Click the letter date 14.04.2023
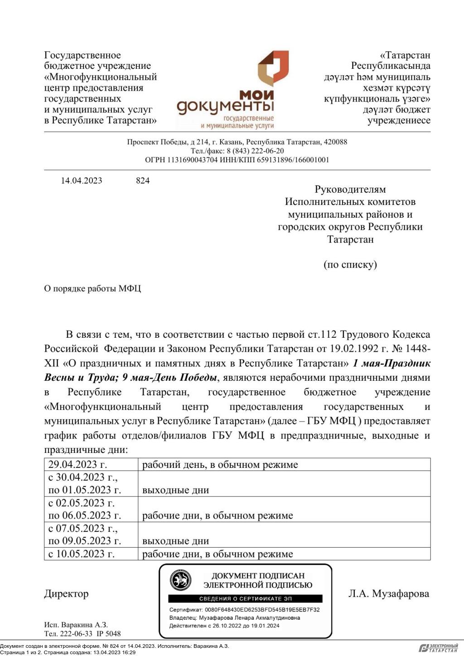point(82,180)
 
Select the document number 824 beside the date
point(143,180)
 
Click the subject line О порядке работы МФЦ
point(92,288)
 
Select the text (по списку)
point(350,264)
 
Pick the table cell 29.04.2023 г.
point(77,465)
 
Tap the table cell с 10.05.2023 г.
point(82,554)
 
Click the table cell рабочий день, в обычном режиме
point(220,465)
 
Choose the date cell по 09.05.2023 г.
point(85,541)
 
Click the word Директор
point(66,593)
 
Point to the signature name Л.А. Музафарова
point(388,593)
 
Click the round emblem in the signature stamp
point(180,580)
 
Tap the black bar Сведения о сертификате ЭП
point(245,599)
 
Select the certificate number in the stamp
point(262,610)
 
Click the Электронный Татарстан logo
point(438,647)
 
